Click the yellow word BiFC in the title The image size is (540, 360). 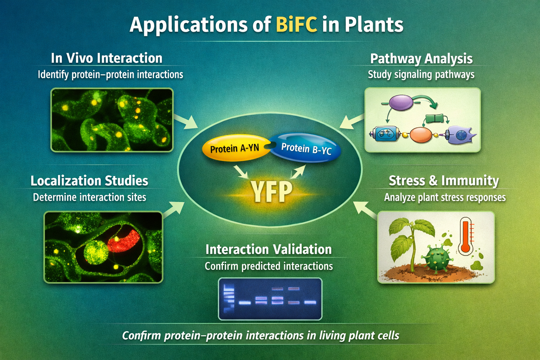[296, 25]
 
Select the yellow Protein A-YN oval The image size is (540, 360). [234, 148]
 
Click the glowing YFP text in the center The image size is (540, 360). [271, 192]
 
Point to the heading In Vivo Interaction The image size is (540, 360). [107, 58]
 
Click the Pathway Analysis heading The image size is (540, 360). [421, 59]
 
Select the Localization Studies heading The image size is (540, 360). [89, 181]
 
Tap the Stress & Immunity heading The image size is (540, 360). [444, 181]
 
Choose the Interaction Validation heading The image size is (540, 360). [269, 250]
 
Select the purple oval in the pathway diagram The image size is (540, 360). [401, 102]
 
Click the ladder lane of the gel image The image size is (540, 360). [229, 299]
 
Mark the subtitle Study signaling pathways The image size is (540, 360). [421, 75]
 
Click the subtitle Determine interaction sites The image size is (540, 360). [89, 197]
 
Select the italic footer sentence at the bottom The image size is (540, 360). [261, 335]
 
